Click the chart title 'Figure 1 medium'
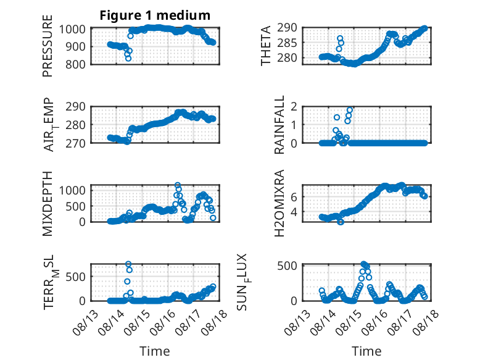click(x=155, y=15)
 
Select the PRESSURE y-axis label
click(x=48, y=46)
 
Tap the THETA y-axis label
click(x=266, y=46)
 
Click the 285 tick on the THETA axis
click(x=287, y=43)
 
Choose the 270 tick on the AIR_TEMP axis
click(x=75, y=143)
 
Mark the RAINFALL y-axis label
click(x=279, y=125)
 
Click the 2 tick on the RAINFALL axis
click(x=294, y=107)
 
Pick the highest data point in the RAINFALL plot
click(x=350, y=110)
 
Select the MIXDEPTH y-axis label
click(x=48, y=204)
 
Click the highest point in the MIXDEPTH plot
click(x=178, y=185)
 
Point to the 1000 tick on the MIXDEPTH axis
click(x=72, y=190)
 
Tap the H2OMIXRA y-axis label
click(x=279, y=203)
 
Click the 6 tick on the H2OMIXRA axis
click(x=294, y=197)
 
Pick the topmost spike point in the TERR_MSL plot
click(x=128, y=264)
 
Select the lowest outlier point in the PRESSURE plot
click(x=128, y=58)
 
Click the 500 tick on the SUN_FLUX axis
click(x=287, y=266)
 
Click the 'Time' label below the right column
click(x=366, y=351)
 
